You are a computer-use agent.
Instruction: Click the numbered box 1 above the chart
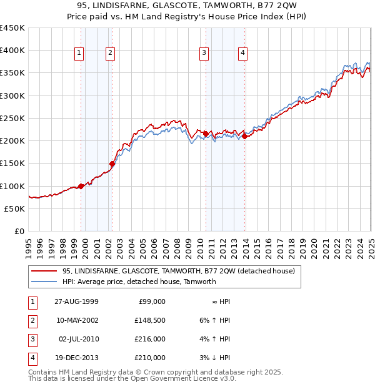[x=80, y=54]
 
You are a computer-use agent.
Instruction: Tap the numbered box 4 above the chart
[x=242, y=54]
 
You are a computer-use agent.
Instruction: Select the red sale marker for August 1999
[x=81, y=186]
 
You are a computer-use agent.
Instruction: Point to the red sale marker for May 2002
[x=112, y=164]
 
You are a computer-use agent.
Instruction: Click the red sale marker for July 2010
[x=206, y=134]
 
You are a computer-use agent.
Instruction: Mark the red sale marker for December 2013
[x=245, y=136]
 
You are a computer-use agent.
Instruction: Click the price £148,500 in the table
[x=151, y=321]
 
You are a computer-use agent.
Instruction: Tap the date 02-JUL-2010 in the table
[x=79, y=340]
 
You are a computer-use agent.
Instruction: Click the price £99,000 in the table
[x=152, y=302]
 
